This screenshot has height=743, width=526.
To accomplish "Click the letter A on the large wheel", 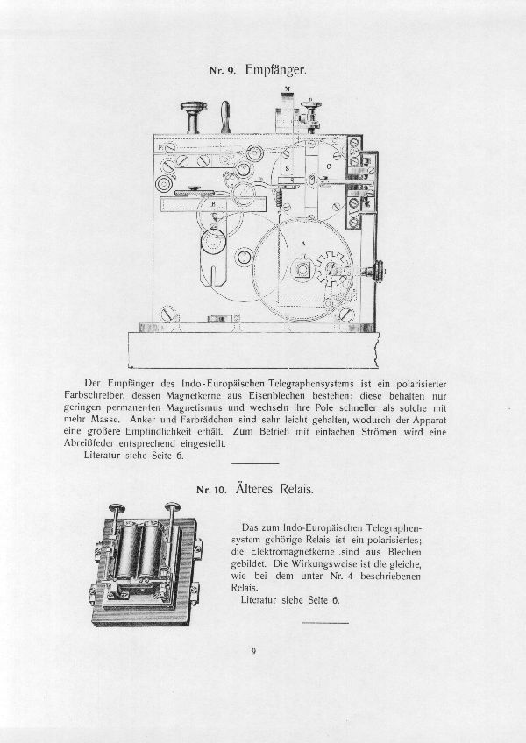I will click(x=302, y=243).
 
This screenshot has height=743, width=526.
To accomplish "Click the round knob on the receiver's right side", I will click(x=380, y=271).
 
